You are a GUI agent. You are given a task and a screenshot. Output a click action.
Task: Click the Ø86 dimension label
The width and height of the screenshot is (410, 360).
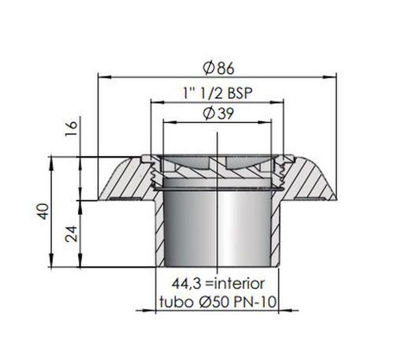[218, 69]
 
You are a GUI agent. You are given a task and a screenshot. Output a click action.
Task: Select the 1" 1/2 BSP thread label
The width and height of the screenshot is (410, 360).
[218, 93]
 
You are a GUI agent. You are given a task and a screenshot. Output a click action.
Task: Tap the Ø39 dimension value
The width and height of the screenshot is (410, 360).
[218, 114]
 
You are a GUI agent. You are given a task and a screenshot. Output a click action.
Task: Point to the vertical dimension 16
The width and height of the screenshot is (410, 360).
[72, 128]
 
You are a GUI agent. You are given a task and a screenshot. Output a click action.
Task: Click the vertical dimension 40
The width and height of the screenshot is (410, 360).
[43, 211]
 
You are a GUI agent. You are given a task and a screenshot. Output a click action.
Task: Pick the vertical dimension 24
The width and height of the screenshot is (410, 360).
[72, 234]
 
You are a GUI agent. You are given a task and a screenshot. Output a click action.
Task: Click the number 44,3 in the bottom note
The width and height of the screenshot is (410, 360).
[187, 284]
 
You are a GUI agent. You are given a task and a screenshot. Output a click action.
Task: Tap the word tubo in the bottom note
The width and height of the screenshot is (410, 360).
[177, 302]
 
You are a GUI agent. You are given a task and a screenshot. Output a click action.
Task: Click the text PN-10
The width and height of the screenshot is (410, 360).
[255, 302]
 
